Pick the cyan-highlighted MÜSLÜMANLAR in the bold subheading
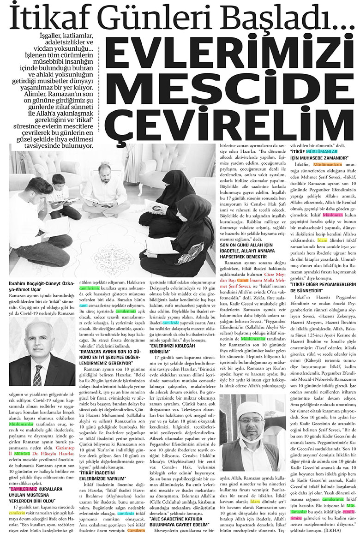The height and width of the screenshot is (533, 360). [326, 151]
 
